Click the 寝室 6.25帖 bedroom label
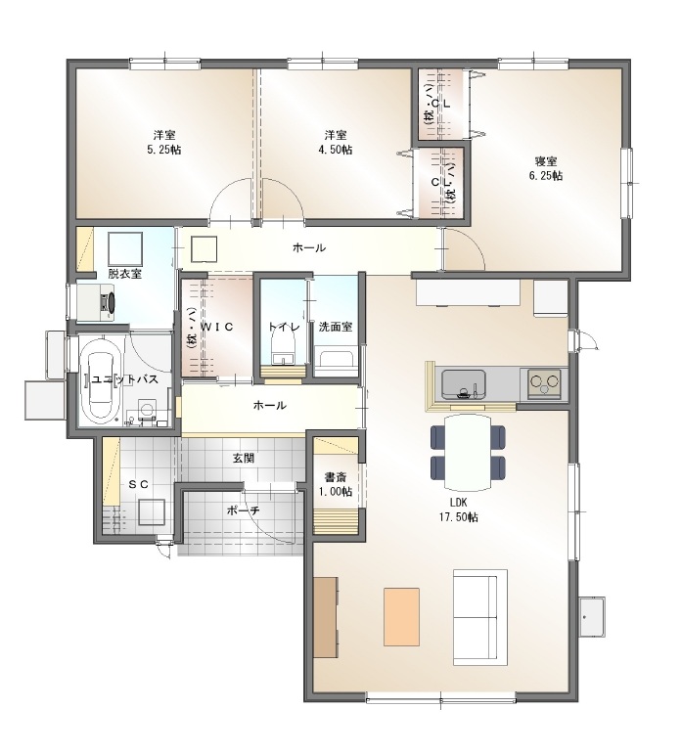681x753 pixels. click(545, 168)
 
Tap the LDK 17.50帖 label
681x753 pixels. click(459, 510)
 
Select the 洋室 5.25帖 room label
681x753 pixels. click(163, 142)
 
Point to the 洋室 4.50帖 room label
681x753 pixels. click(335, 142)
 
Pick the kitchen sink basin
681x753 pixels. click(464, 384)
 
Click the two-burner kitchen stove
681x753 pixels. click(544, 383)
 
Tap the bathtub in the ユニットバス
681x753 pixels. click(101, 381)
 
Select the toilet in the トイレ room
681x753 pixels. click(282, 349)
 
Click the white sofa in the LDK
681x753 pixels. click(480, 617)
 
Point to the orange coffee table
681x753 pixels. click(401, 617)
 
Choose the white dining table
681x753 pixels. click(468, 451)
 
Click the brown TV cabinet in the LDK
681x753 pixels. click(326, 617)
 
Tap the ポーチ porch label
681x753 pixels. click(244, 510)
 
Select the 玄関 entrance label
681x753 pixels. click(244, 458)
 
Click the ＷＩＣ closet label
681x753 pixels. click(217, 327)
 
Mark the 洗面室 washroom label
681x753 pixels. click(336, 327)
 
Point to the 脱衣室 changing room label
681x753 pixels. click(124, 274)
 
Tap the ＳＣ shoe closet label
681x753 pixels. click(138, 484)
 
